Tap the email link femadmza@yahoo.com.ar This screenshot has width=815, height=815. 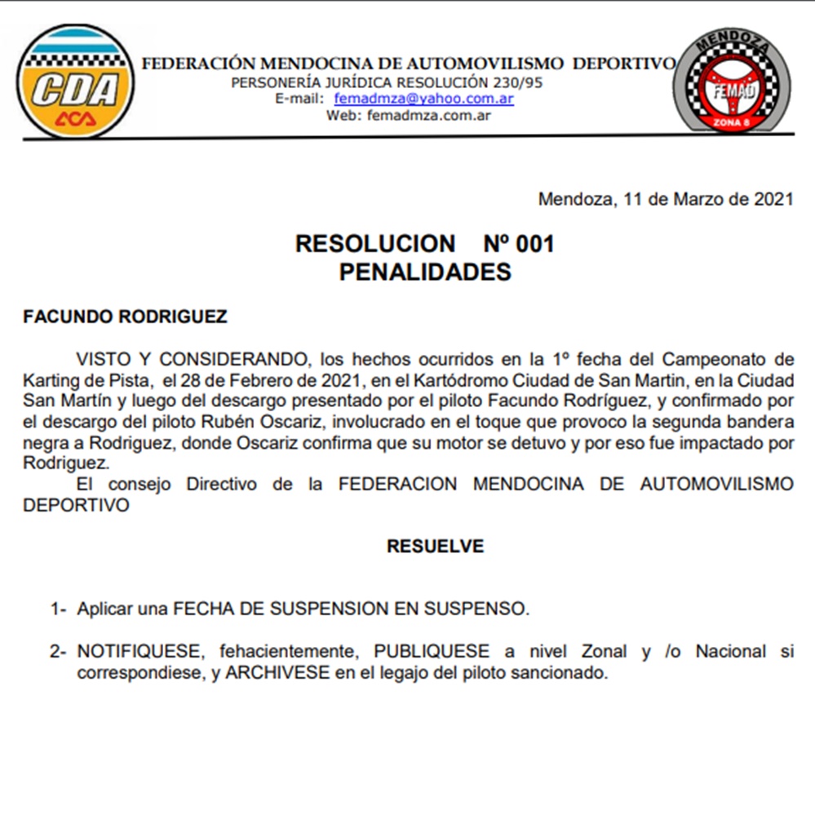[423, 99]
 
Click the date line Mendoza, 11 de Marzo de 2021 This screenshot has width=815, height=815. [665, 200]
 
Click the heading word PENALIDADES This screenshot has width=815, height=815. [424, 272]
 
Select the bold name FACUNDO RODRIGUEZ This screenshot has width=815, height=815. [126, 317]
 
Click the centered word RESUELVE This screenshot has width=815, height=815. [435, 546]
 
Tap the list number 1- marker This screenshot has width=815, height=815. [58, 608]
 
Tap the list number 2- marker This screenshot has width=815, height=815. [58, 652]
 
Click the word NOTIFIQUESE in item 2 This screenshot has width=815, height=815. [139, 652]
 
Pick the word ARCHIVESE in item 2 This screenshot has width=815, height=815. [277, 674]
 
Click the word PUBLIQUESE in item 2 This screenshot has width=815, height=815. [432, 652]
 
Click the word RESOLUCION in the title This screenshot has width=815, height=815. [375, 244]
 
